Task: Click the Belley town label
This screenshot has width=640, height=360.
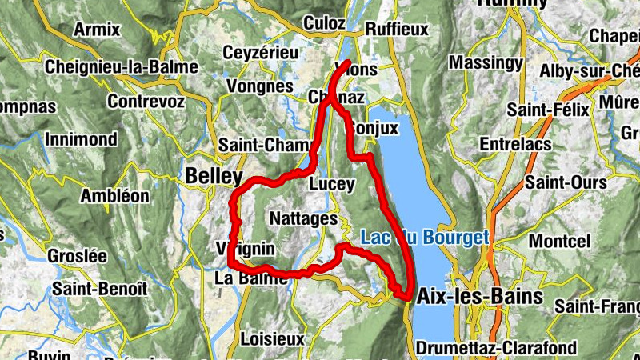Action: (x=214, y=175)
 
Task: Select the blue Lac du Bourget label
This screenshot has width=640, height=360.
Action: (x=424, y=238)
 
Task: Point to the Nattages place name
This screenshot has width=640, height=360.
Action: (x=303, y=218)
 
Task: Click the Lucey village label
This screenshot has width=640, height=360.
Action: (x=331, y=184)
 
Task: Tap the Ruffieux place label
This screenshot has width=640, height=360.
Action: (x=396, y=29)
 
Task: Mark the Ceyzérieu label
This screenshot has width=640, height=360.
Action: (x=261, y=52)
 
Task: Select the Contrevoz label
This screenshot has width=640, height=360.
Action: (x=146, y=102)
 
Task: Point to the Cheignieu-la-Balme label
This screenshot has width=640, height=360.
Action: (x=121, y=67)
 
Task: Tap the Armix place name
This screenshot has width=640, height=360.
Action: (x=96, y=30)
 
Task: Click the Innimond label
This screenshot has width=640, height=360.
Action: (x=82, y=138)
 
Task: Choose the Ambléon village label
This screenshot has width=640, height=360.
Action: (x=115, y=195)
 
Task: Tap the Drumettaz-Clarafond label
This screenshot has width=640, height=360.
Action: (x=496, y=348)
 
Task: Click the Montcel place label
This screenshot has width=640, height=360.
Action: (x=559, y=240)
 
